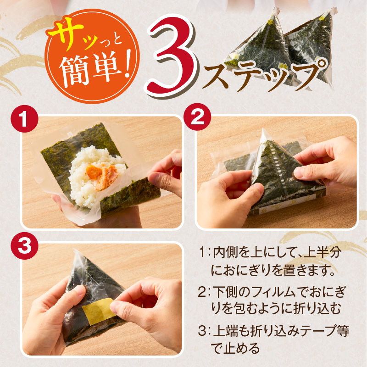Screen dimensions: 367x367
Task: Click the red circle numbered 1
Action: click(x=23, y=118)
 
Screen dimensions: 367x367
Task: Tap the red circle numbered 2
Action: click(x=197, y=118)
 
